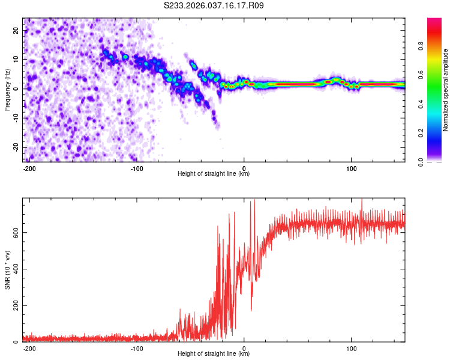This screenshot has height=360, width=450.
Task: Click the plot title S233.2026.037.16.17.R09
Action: (x=214, y=6)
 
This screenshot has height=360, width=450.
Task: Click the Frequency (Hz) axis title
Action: (x=7, y=89)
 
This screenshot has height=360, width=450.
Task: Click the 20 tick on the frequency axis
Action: (x=16, y=31)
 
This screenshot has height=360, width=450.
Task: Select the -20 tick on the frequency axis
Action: (x=15, y=147)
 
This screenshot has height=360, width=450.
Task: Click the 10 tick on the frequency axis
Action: (x=16, y=60)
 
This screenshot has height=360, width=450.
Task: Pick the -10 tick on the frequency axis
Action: (x=15, y=118)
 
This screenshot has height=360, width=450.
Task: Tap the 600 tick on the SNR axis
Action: (x=14, y=232)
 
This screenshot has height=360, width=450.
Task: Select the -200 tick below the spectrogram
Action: (x=29, y=168)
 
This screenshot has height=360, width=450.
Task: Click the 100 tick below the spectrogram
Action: (x=352, y=168)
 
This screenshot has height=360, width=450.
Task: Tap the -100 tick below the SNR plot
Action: (x=136, y=348)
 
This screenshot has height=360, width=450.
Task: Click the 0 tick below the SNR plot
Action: (x=244, y=348)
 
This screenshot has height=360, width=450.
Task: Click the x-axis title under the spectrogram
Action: (x=214, y=174)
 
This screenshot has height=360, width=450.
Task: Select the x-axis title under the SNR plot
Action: (x=214, y=354)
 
